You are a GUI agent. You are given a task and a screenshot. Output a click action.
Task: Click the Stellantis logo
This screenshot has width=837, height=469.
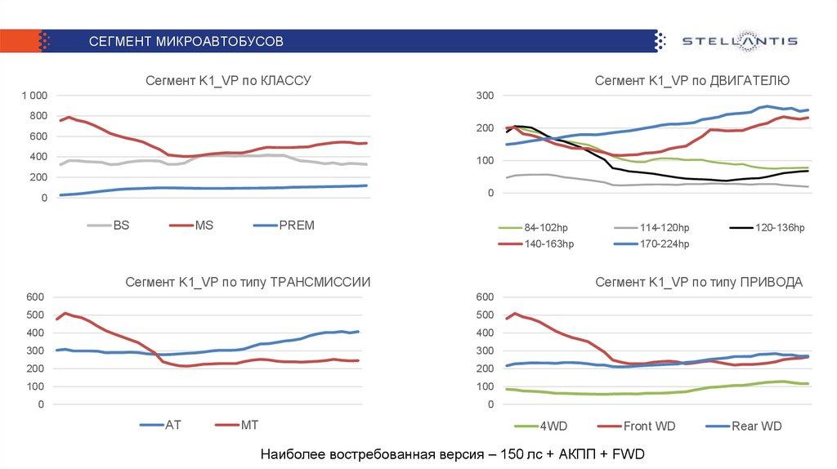tap(739, 41)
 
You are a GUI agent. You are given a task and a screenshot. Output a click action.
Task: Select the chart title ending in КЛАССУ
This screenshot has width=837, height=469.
tap(228, 80)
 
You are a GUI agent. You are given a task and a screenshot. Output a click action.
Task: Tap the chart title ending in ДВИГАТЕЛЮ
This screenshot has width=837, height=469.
tap(692, 80)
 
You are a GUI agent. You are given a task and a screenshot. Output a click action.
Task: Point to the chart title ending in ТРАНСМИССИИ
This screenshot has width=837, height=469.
tap(248, 282)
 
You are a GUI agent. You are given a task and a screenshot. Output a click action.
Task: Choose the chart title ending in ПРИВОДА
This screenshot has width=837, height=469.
tap(698, 282)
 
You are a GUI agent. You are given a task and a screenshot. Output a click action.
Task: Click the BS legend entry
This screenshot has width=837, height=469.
tap(120, 226)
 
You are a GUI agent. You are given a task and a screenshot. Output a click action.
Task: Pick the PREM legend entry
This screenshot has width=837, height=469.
tap(295, 226)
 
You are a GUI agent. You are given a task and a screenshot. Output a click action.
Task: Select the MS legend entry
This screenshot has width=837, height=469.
tap(204, 226)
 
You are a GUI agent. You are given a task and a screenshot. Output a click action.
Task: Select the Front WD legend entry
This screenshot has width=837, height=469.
tap(649, 426)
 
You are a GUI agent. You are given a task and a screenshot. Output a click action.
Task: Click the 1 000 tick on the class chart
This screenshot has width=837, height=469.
tap(36, 96)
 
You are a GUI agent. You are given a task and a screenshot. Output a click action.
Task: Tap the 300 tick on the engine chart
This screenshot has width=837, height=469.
tap(485, 96)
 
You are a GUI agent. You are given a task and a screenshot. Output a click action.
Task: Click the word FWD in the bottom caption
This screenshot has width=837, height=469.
tap(633, 454)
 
